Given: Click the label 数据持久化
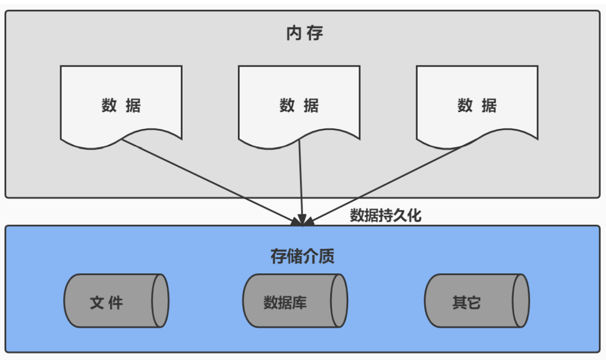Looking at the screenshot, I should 386,215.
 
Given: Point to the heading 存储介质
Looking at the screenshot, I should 303,256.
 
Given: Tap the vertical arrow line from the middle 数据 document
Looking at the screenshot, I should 300,179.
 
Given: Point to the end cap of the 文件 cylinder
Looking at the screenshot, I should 160,301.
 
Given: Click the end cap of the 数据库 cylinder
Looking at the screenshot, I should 339,301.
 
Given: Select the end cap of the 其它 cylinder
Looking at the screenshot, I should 521,301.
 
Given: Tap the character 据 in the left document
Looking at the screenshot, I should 132,106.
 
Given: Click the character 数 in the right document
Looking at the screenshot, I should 465,106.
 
